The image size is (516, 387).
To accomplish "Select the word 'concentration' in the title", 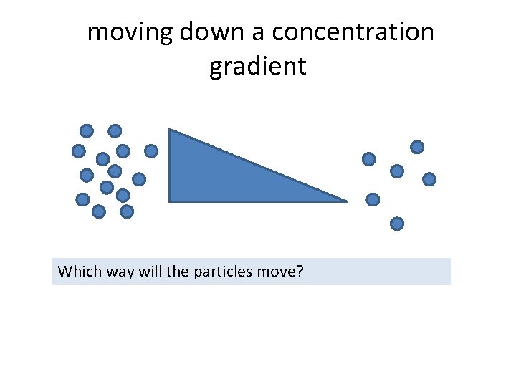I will [353, 32].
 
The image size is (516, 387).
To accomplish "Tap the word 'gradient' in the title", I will [258, 67].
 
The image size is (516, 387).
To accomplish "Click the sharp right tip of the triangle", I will [346, 201].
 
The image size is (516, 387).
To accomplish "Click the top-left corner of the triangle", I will [169, 130].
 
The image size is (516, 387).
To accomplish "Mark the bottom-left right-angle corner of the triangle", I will [169, 201].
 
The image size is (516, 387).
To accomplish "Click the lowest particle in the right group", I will [397, 224].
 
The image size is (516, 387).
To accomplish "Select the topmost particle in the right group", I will [416, 147].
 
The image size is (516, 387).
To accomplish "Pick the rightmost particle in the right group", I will [429, 179].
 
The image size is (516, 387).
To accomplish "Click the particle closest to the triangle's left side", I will [150, 151].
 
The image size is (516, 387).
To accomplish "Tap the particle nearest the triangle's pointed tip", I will [373, 199].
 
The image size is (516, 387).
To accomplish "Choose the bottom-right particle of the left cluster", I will [127, 211].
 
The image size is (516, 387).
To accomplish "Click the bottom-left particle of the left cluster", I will [82, 199].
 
